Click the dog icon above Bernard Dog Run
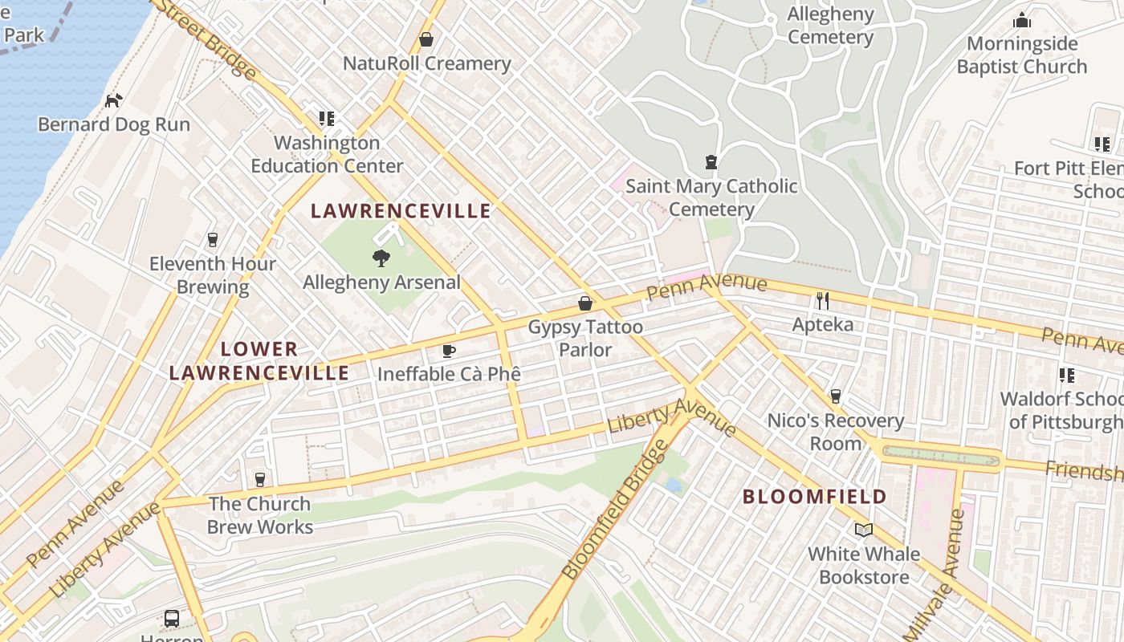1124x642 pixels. pyautogui.click(x=114, y=100)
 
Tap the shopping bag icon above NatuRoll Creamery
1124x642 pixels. pyautogui.click(x=426, y=39)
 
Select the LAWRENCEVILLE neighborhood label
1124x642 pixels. pyautogui.click(x=401, y=211)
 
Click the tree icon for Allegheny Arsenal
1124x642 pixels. pyautogui.click(x=381, y=258)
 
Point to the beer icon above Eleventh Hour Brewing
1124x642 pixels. pyautogui.click(x=213, y=239)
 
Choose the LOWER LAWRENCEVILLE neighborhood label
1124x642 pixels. pyautogui.click(x=259, y=361)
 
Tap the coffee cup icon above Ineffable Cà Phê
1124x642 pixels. pyautogui.click(x=449, y=351)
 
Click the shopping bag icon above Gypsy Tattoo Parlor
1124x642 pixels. pyautogui.click(x=585, y=303)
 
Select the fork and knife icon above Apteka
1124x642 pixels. pyautogui.click(x=822, y=301)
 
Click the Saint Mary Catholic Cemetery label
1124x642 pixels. pyautogui.click(x=711, y=197)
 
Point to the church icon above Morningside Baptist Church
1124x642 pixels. pyautogui.click(x=1021, y=20)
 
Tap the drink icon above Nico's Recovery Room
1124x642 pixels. pyautogui.click(x=835, y=396)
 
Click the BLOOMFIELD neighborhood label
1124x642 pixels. pyautogui.click(x=814, y=497)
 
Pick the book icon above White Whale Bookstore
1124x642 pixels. pyautogui.click(x=863, y=530)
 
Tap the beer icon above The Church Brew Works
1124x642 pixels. pyautogui.click(x=259, y=480)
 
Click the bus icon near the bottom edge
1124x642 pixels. pyautogui.click(x=172, y=618)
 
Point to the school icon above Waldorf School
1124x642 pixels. pyautogui.click(x=1066, y=375)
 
